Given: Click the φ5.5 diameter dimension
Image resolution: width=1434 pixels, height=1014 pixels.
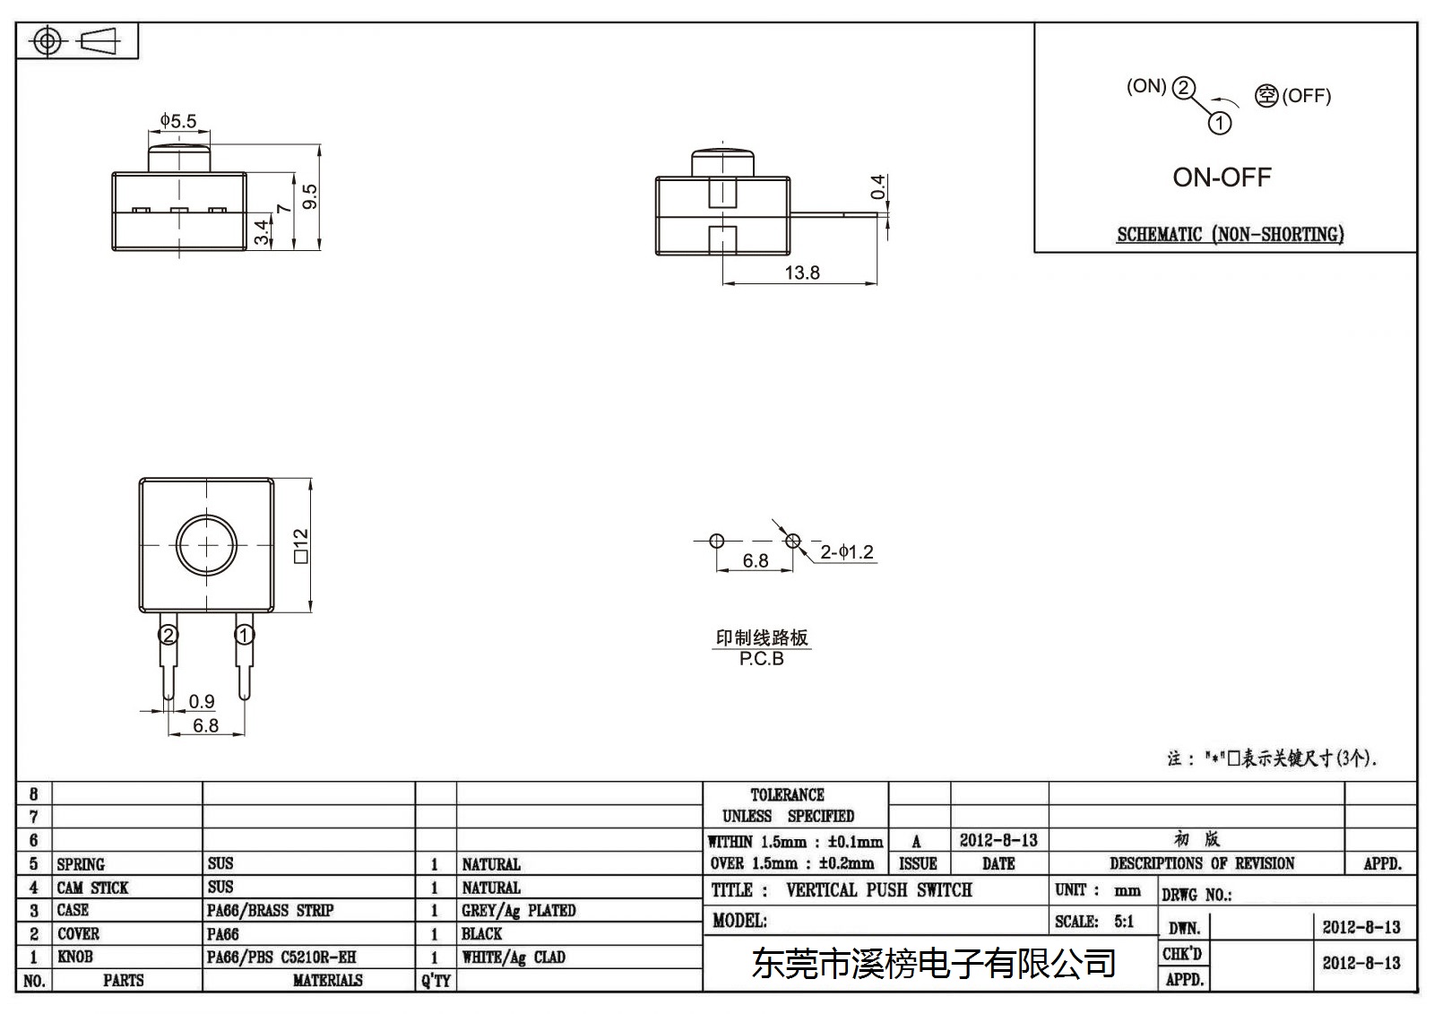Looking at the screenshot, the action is (178, 120).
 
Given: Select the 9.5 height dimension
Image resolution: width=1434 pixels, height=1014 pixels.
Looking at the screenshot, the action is (310, 196).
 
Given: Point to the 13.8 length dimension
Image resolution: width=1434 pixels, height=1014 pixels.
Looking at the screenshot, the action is (802, 273).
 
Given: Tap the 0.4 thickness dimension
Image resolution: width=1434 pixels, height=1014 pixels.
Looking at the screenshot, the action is (877, 186).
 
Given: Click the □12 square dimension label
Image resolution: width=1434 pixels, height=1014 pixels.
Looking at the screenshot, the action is (300, 546).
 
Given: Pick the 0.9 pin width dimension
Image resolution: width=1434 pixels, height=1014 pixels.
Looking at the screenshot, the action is (202, 701).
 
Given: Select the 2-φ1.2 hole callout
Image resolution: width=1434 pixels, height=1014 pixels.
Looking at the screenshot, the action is (847, 551).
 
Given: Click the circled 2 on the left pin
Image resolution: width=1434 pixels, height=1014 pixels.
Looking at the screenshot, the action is (168, 635).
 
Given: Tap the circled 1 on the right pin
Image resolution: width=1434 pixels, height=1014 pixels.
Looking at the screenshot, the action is (244, 635).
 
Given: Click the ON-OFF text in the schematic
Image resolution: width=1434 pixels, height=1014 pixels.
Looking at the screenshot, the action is (1222, 178).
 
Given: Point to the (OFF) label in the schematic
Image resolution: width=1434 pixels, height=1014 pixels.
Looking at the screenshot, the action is (1306, 96).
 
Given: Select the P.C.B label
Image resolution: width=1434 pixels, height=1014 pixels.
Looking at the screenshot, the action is (761, 659).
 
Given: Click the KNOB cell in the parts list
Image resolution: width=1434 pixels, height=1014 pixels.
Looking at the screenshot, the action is (75, 957).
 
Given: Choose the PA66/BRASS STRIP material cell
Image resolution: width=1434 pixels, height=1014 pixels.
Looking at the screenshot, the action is (270, 910).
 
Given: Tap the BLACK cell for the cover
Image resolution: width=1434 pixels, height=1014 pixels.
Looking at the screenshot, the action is (481, 934).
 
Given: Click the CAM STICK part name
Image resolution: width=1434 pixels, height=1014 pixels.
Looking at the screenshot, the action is (92, 888).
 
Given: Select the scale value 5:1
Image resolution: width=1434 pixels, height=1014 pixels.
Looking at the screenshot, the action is (1124, 922).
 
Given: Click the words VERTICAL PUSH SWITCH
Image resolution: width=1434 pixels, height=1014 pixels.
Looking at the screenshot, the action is (879, 890).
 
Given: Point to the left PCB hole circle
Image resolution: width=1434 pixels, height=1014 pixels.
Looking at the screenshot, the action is (716, 542).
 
